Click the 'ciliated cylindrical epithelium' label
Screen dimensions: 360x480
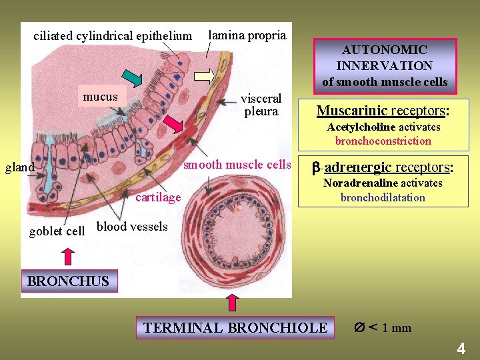tap(112, 35)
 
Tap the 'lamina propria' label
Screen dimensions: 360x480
tap(247, 35)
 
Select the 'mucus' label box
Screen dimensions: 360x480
tap(101, 97)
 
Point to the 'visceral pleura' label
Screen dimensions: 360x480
tap(261, 105)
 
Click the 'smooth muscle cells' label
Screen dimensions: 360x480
tap(237, 165)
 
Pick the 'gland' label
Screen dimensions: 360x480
tap(19, 167)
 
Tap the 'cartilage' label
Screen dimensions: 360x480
tap(158, 197)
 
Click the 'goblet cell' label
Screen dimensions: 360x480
tap(57, 231)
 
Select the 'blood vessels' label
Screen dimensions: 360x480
tap(132, 227)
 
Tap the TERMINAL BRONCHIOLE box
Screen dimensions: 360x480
tap(235, 327)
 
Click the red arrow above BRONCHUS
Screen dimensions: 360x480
tap(67, 257)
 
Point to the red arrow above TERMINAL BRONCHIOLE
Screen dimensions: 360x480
tap(233, 302)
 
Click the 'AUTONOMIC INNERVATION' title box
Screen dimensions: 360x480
tap(385, 65)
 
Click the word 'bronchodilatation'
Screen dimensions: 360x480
tap(383, 197)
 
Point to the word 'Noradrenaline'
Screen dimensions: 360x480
tap(360, 183)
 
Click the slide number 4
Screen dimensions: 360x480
tap(461, 348)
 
